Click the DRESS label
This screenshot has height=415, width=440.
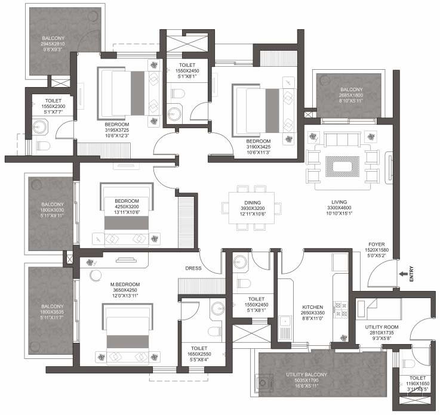194,268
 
